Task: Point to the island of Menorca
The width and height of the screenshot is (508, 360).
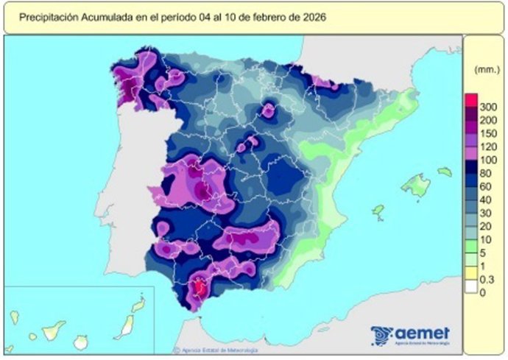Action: [444, 172]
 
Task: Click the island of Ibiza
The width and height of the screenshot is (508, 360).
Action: [378, 213]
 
